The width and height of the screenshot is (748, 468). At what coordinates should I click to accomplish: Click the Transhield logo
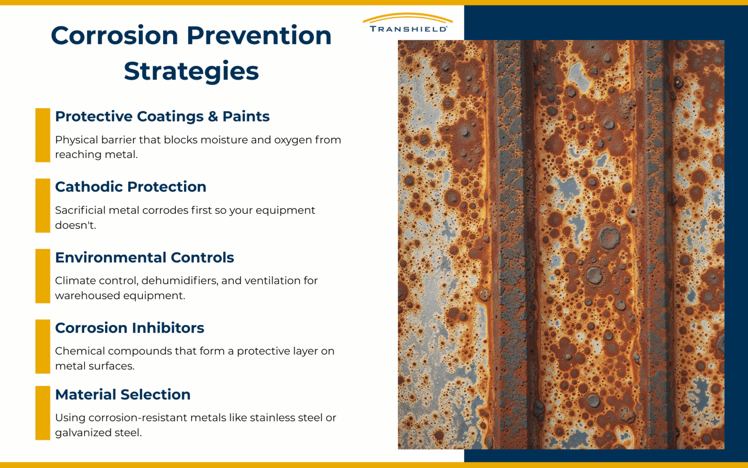(x=408, y=23)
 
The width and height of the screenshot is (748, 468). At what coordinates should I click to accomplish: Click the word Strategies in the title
(x=191, y=71)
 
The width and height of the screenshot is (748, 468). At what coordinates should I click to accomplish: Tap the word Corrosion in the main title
(x=114, y=36)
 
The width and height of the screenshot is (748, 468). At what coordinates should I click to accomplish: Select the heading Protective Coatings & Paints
(x=162, y=117)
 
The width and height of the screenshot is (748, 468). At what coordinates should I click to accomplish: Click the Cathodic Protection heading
(x=131, y=187)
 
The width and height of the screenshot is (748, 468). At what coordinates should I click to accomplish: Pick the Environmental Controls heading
(x=144, y=258)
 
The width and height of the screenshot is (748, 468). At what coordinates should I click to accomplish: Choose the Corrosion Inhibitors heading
(x=129, y=328)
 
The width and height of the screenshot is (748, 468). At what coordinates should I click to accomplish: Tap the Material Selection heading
(x=122, y=394)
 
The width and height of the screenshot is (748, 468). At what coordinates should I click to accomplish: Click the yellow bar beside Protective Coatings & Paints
(x=42, y=135)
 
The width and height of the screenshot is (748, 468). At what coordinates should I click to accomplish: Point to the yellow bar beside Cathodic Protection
(x=42, y=206)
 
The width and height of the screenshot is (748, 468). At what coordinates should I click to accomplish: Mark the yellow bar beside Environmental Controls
(x=42, y=276)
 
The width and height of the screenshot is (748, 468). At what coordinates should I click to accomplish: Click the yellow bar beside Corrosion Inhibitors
(x=42, y=346)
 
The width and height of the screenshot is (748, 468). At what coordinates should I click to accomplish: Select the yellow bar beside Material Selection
(x=42, y=413)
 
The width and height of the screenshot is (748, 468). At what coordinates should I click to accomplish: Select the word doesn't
(x=75, y=225)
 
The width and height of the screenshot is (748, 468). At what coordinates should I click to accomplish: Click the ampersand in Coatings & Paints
(x=213, y=117)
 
